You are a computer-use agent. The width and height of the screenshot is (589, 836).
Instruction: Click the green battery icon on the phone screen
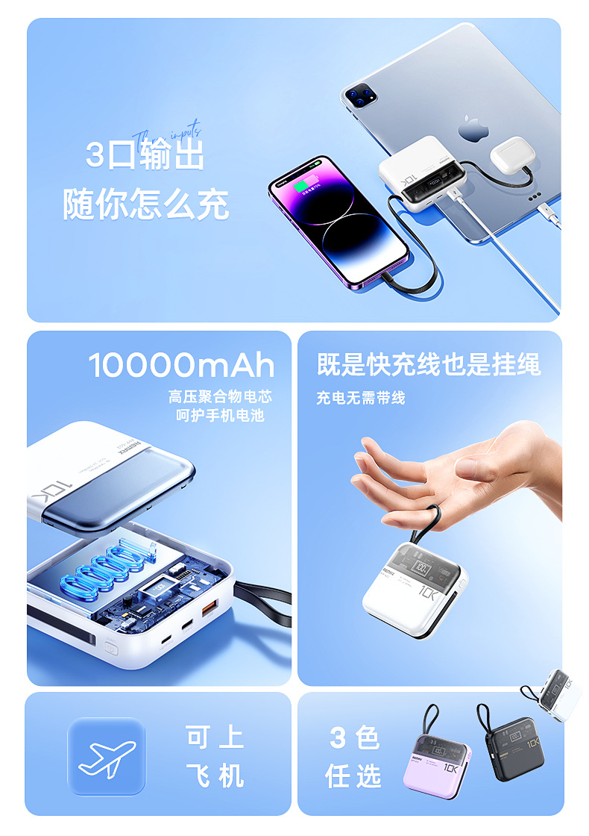[303, 185]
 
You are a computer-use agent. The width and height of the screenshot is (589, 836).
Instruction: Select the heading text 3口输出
[145, 155]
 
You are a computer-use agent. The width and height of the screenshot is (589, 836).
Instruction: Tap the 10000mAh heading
[181, 366]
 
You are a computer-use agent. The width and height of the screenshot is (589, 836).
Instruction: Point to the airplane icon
[107, 756]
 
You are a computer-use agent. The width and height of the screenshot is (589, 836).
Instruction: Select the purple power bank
[439, 759]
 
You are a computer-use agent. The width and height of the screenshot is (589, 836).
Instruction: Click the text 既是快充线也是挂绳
[428, 364]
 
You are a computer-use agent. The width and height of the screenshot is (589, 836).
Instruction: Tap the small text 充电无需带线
[360, 398]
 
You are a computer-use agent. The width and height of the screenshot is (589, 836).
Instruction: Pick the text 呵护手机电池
[220, 416]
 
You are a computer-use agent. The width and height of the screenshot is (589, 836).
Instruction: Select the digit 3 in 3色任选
[338, 738]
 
